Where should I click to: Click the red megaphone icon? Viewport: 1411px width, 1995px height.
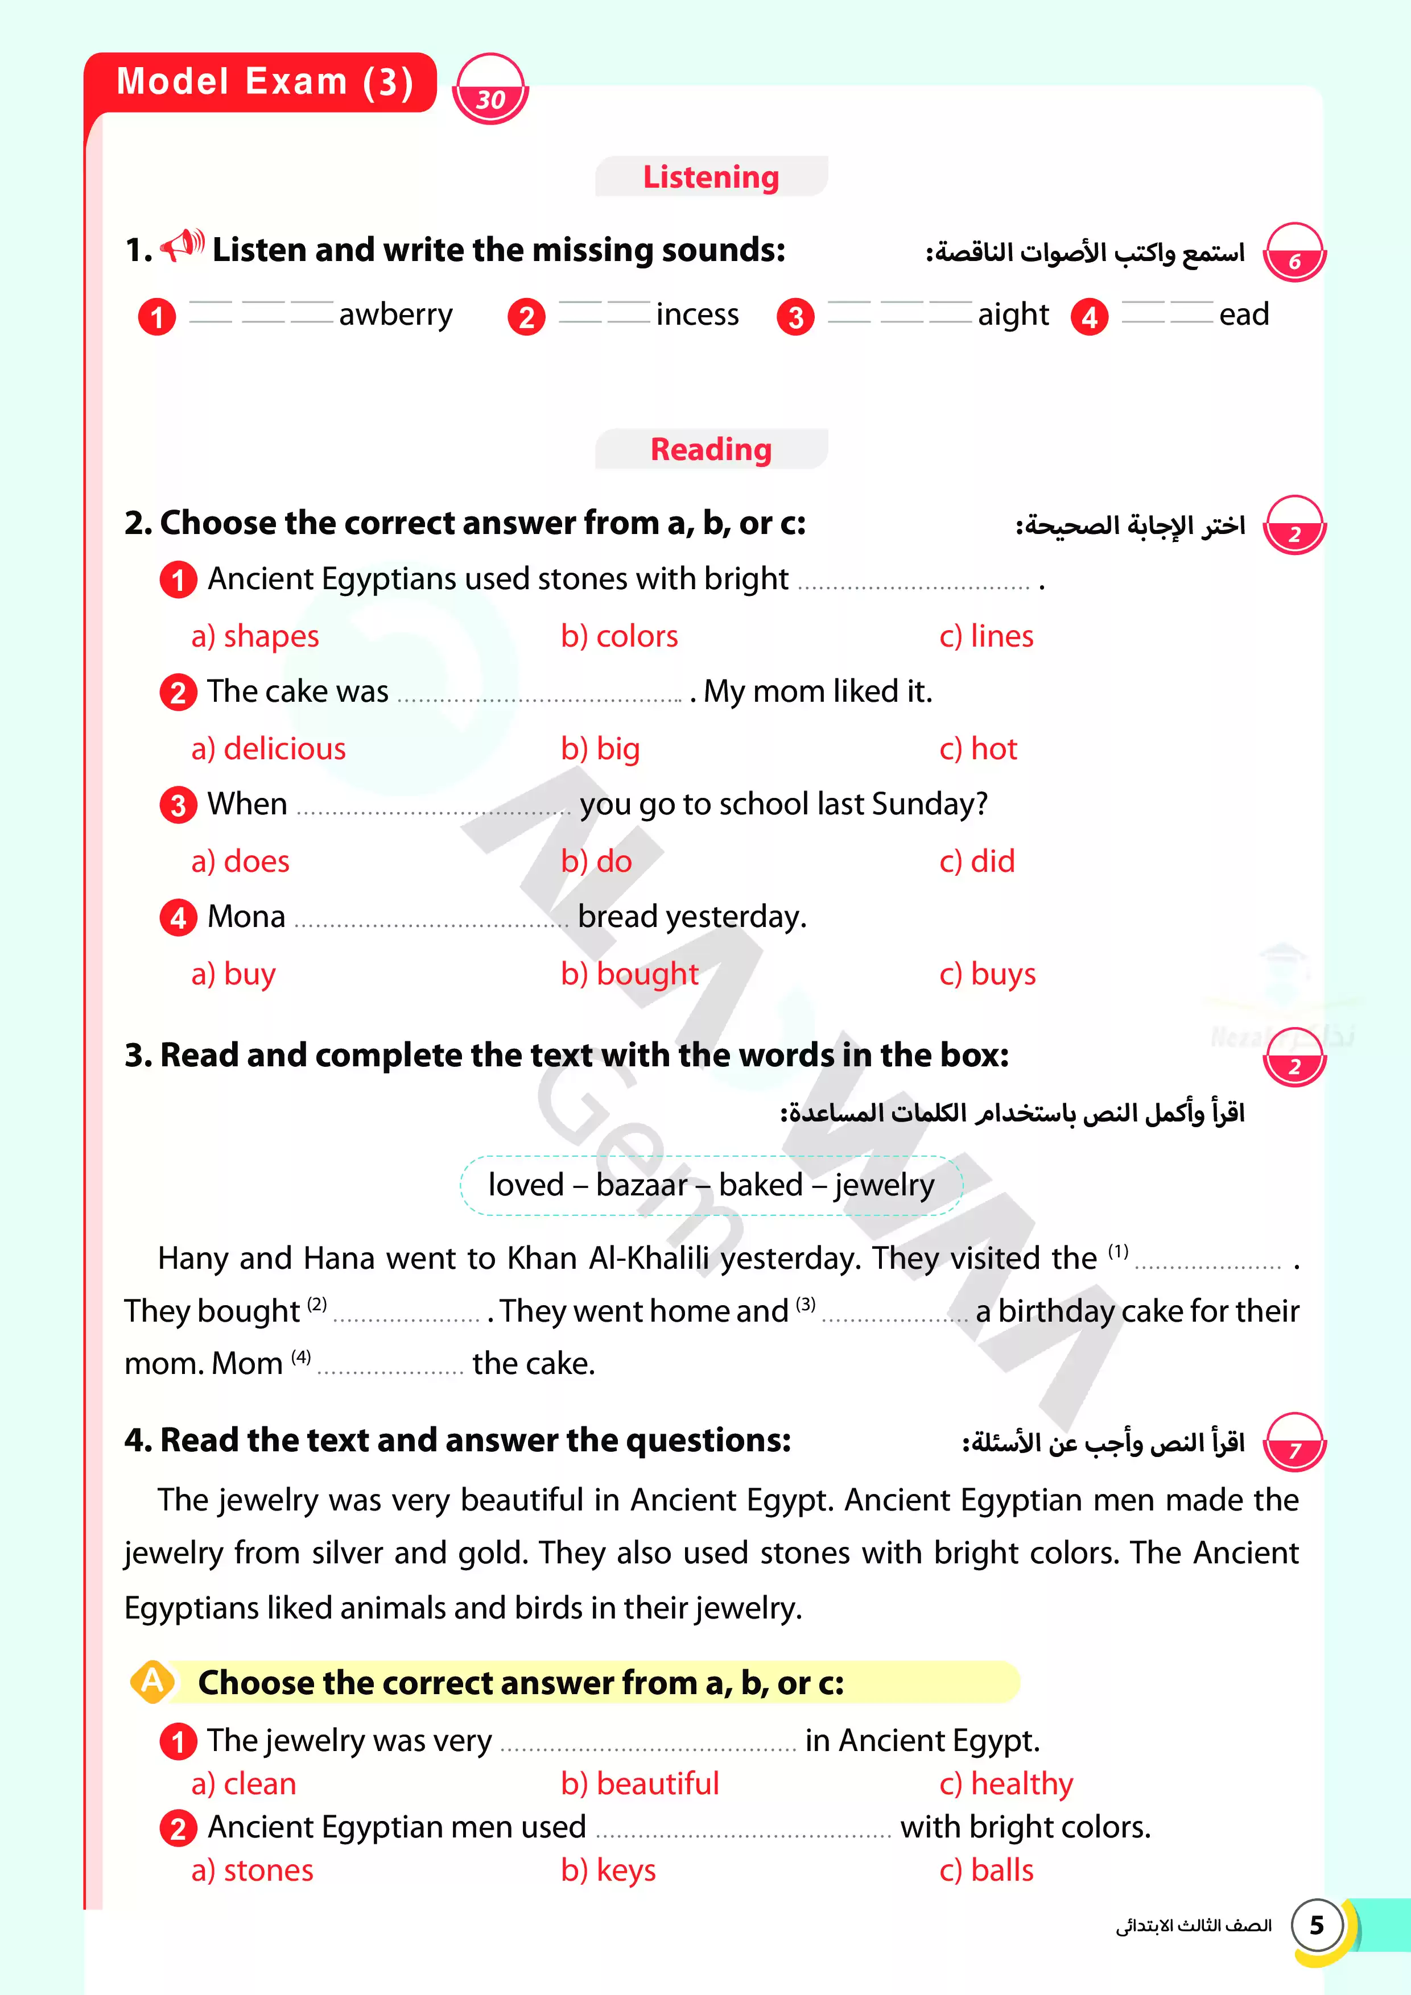coord(183,245)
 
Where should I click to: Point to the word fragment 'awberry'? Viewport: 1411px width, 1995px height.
coord(395,314)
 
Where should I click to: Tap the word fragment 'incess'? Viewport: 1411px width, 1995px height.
coord(697,314)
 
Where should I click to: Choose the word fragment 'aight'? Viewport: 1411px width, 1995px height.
coord(1013,314)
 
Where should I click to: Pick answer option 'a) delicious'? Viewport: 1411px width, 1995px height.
coord(268,749)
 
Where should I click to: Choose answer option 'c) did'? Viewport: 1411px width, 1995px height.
coord(977,861)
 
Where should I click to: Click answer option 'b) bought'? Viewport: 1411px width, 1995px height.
coord(629,974)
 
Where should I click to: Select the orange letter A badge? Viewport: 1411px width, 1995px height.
coord(152,1681)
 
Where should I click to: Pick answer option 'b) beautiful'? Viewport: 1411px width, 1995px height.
coord(640,1784)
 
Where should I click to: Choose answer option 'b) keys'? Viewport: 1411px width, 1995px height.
coord(609,1870)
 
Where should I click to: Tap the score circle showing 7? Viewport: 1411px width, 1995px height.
coord(1294,1444)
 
